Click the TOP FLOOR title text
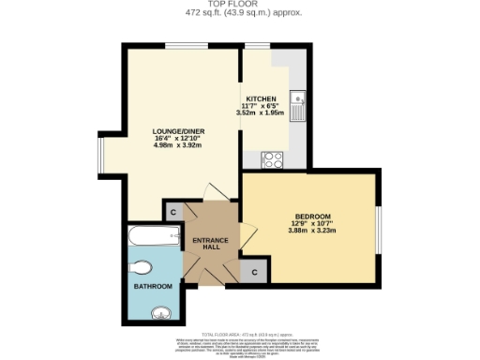tap(240, 5)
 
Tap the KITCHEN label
tap(260, 98)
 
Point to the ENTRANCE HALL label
tap(210, 245)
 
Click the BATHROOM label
tap(152, 286)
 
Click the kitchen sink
tap(297, 104)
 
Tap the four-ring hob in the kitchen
tap(275, 158)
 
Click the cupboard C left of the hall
tap(173, 213)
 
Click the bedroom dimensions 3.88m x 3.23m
tap(313, 231)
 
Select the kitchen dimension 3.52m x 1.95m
tap(260, 113)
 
